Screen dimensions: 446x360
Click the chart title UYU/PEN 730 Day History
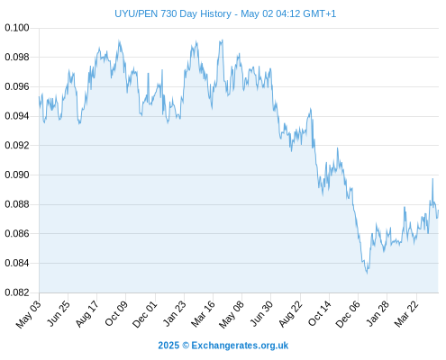(x=173, y=13)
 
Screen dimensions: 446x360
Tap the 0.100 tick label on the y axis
(x=17, y=28)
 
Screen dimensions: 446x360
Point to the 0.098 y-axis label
(x=17, y=57)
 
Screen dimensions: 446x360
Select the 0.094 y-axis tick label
(x=17, y=116)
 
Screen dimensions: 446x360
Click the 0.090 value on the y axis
(x=17, y=175)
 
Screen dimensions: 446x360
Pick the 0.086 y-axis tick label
(x=17, y=233)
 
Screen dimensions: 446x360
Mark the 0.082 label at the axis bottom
(x=17, y=292)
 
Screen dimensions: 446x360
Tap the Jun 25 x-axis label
(x=59, y=313)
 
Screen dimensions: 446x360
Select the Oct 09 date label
(x=115, y=313)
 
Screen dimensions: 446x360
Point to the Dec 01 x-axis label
(x=144, y=314)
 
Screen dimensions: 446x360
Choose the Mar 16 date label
(x=203, y=313)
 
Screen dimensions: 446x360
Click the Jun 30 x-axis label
(x=261, y=313)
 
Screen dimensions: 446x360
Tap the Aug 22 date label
(x=290, y=313)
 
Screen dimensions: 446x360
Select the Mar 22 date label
(x=405, y=313)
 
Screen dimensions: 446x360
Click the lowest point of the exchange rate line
(x=367, y=274)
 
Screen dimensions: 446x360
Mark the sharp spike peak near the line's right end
(x=432, y=179)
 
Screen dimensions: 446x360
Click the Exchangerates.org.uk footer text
(x=240, y=346)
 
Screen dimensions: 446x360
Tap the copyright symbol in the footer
(x=186, y=346)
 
